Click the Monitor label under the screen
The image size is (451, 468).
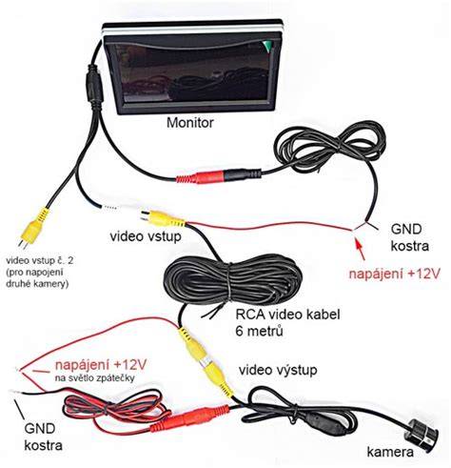click(190, 123)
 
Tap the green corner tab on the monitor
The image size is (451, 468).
click(266, 47)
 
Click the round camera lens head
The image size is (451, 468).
click(422, 433)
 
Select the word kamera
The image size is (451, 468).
click(390, 452)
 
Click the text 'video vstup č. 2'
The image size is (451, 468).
click(40, 261)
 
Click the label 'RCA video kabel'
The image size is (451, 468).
click(287, 315)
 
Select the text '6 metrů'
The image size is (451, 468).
click(259, 332)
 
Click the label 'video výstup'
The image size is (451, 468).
click(278, 370)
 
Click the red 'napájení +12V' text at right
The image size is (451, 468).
click(395, 274)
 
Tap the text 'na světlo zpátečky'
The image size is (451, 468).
click(95, 377)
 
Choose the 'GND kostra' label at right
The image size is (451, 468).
click(409, 237)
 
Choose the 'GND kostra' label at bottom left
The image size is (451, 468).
click(43, 437)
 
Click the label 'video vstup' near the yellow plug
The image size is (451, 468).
click(146, 236)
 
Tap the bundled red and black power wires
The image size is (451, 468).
click(114, 410)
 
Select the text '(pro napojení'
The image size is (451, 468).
click(35, 273)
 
